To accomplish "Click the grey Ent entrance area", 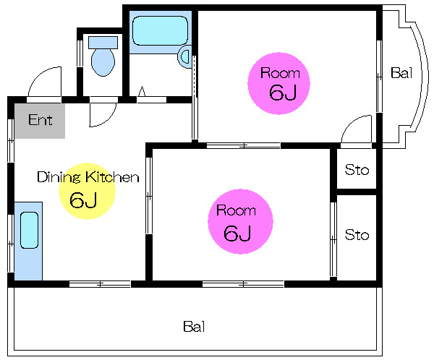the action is pyautogui.click(x=40, y=121).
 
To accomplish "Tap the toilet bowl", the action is pyautogui.click(x=103, y=62).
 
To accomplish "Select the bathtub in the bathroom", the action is pyautogui.click(x=161, y=30).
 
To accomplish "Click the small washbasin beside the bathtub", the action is pyautogui.click(x=185, y=56).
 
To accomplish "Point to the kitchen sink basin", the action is pyautogui.click(x=30, y=230).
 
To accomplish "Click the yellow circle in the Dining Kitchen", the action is pyautogui.click(x=88, y=192).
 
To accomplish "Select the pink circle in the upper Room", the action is pyautogui.click(x=278, y=83).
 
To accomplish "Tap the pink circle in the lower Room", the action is pyautogui.click(x=240, y=221).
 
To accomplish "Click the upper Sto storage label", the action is pyautogui.click(x=357, y=170).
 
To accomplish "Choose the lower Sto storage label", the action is pyautogui.click(x=357, y=235).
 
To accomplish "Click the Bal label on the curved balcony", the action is pyautogui.click(x=401, y=73).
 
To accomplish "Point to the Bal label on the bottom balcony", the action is pyautogui.click(x=194, y=327).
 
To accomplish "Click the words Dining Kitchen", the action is pyautogui.click(x=88, y=177).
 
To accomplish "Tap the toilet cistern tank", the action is pyautogui.click(x=103, y=43).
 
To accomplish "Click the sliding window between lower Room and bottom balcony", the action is pyautogui.click(x=243, y=284).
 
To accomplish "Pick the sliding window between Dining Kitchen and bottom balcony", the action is pyautogui.click(x=100, y=284).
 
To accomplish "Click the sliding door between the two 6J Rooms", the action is pyautogui.click(x=244, y=145).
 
